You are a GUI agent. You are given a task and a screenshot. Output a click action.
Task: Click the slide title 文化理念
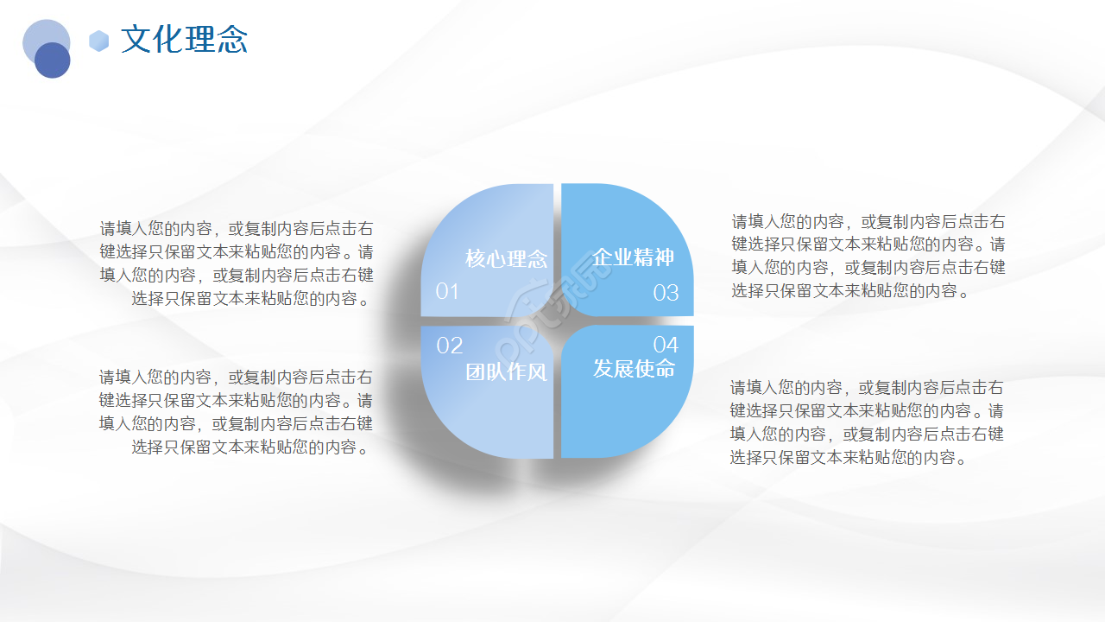pyautogui.click(x=184, y=40)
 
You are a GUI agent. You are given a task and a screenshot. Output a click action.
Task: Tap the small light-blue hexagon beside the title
pyautogui.click(x=99, y=41)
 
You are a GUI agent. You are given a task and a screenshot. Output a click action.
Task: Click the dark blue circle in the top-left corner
pyautogui.click(x=53, y=60)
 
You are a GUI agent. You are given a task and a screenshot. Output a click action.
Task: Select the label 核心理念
pyautogui.click(x=507, y=258)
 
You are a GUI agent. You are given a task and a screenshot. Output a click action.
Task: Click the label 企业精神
pyautogui.click(x=633, y=257)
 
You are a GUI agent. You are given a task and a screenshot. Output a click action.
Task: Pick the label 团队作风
pyautogui.click(x=507, y=372)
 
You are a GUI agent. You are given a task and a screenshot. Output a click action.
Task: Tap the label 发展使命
pyautogui.click(x=634, y=369)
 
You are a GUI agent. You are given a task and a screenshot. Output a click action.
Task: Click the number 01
pyautogui.click(x=447, y=291)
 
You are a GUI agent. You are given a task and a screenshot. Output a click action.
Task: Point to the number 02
pyautogui.click(x=450, y=346)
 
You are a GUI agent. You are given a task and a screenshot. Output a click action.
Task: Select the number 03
pyautogui.click(x=666, y=293)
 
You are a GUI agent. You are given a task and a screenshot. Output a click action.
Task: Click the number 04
pyautogui.click(x=666, y=346)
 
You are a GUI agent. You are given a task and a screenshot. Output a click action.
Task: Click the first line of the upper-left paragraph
pyautogui.click(x=237, y=229)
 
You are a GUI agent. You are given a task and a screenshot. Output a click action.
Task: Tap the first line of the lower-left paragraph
pyautogui.click(x=237, y=378)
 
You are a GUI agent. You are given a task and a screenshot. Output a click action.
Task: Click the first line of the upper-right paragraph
pyautogui.click(x=868, y=221)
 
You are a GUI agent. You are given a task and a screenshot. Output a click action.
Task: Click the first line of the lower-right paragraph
pyautogui.click(x=867, y=388)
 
